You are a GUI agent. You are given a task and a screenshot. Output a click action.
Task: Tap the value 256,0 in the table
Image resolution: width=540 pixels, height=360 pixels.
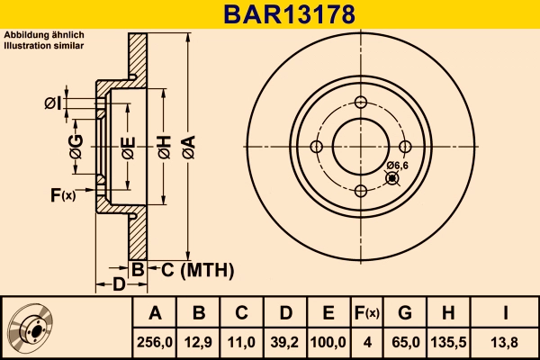coord(155,342)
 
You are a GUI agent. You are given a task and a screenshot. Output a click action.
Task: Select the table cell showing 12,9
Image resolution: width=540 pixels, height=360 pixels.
coord(199,342)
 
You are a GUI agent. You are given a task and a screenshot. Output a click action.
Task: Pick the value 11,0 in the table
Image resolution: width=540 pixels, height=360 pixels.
coord(241,342)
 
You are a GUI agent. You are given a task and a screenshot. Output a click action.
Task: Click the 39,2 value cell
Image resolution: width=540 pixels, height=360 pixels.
coord(284,342)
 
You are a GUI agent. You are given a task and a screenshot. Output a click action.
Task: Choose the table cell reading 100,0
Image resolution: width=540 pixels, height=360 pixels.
coord(328,342)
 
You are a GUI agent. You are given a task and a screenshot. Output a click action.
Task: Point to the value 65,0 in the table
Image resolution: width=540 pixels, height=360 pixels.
coord(405,342)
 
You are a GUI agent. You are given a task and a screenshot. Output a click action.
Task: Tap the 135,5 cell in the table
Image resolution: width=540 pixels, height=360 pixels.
coord(448,342)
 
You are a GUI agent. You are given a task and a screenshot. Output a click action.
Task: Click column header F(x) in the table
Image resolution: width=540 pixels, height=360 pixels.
coord(365,313)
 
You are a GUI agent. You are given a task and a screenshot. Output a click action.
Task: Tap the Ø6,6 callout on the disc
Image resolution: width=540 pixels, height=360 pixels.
coord(398,165)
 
